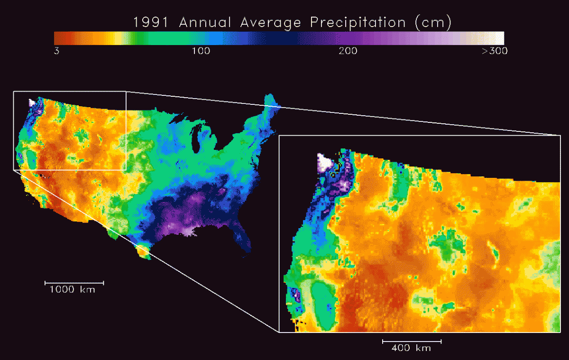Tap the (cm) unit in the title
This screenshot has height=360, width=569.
(432, 22)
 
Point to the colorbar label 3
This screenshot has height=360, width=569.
(56, 51)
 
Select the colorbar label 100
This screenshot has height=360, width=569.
(201, 51)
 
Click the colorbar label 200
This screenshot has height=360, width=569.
(348, 51)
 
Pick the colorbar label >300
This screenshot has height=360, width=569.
(495, 51)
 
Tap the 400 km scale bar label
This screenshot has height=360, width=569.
(411, 348)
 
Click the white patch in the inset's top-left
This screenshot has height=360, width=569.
(325, 163)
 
